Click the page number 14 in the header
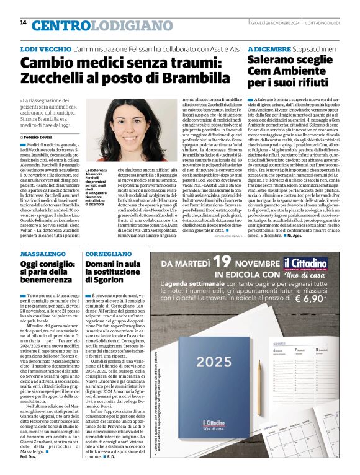(x=23, y=23)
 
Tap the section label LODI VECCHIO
(x=45, y=48)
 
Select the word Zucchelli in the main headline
(x=56, y=78)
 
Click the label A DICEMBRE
(x=269, y=48)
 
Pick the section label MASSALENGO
(x=43, y=254)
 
